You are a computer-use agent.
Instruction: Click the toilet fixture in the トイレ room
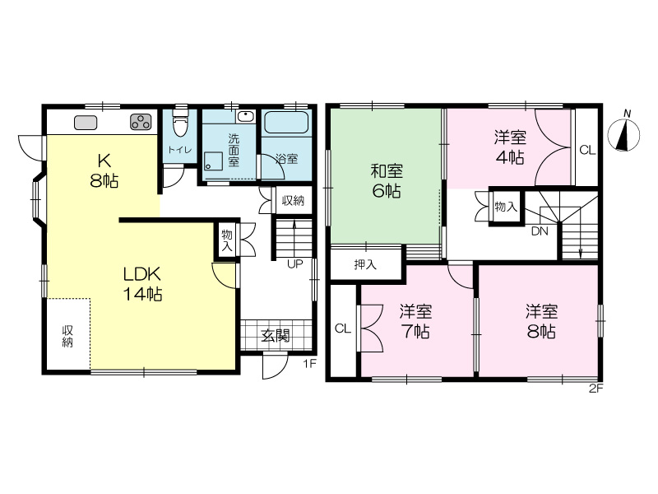pyautogui.click(x=180, y=122)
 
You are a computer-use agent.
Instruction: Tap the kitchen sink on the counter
pyautogui.click(x=86, y=123)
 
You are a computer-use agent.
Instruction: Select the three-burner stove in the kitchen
pyautogui.click(x=141, y=122)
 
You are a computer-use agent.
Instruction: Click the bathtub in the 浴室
pyautogui.click(x=286, y=122)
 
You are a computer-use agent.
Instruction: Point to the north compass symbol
pyautogui.click(x=624, y=133)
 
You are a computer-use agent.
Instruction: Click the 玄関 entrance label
pyautogui.click(x=276, y=336)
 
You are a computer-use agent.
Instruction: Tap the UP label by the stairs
pyautogui.click(x=295, y=264)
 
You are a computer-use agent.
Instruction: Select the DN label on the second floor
pyautogui.click(x=540, y=231)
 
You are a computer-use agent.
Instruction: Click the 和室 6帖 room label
pyautogui.click(x=387, y=181)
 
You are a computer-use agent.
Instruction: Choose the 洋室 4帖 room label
pyautogui.click(x=510, y=147)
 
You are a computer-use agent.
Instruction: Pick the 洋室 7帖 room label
pyautogui.click(x=415, y=322)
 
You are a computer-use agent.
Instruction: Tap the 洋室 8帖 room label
pyautogui.click(x=542, y=322)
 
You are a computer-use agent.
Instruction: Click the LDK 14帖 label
pyautogui.click(x=142, y=284)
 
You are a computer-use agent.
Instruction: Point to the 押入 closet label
pyautogui.click(x=365, y=264)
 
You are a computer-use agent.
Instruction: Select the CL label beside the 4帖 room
pyautogui.click(x=587, y=150)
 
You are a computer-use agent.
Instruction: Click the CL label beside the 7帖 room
pyautogui.click(x=343, y=329)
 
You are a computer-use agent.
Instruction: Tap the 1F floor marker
pyautogui.click(x=310, y=364)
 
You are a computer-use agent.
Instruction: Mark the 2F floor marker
pyautogui.click(x=595, y=389)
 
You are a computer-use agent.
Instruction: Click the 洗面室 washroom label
pyautogui.click(x=234, y=151)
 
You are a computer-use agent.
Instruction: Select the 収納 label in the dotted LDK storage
pyautogui.click(x=67, y=336)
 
